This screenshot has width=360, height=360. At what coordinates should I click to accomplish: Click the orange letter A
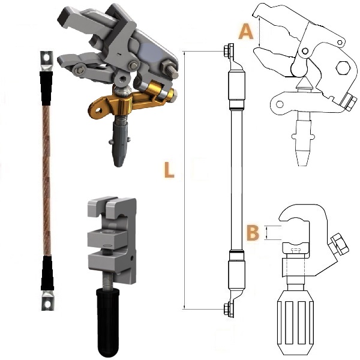(x=245, y=32)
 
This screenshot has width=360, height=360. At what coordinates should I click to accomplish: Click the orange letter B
(x=253, y=233)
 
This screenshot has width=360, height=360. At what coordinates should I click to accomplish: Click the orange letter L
(x=169, y=170)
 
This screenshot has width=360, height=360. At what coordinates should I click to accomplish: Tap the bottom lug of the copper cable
(x=47, y=301)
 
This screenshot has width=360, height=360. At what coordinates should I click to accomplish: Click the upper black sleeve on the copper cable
(x=47, y=88)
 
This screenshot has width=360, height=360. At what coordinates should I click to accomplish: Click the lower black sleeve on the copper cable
(x=47, y=273)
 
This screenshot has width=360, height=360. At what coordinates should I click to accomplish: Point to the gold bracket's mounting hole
(x=99, y=110)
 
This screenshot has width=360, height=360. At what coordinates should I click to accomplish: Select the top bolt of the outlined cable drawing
(x=227, y=50)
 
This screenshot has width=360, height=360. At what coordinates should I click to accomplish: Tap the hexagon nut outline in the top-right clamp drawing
(x=344, y=68)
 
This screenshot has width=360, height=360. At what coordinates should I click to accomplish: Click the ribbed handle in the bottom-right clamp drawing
(x=295, y=326)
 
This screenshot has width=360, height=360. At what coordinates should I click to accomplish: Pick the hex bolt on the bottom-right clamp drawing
(x=338, y=245)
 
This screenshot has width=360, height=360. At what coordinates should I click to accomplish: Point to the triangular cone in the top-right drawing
(x=304, y=83)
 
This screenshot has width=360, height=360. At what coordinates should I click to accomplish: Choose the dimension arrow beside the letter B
(x=266, y=233)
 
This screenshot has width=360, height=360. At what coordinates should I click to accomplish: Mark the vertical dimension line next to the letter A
(x=259, y=32)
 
